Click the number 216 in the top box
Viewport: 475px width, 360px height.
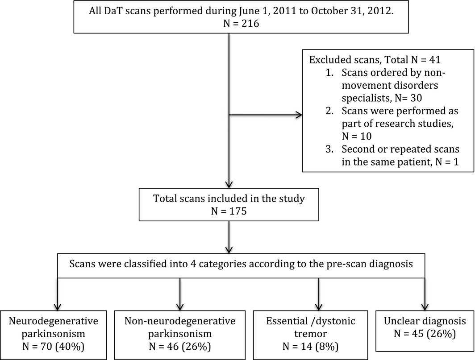click(250, 24)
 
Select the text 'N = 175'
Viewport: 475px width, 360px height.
click(229, 211)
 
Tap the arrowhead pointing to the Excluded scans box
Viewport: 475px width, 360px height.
click(299, 115)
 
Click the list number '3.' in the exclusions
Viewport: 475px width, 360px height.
click(329, 149)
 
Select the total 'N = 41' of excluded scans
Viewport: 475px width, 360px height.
click(425, 60)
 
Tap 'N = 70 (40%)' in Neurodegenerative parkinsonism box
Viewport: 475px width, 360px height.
click(53, 346)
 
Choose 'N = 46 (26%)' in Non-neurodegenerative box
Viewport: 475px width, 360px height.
click(180, 346)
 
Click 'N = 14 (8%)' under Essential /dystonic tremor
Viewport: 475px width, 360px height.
click(311, 346)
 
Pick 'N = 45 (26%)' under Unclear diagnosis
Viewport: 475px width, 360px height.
click(425, 334)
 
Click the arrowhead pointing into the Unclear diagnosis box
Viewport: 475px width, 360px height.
click(425, 307)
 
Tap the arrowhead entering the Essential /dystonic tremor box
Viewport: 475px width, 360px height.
click(319, 307)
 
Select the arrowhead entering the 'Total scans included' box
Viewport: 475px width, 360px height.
click(229, 184)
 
